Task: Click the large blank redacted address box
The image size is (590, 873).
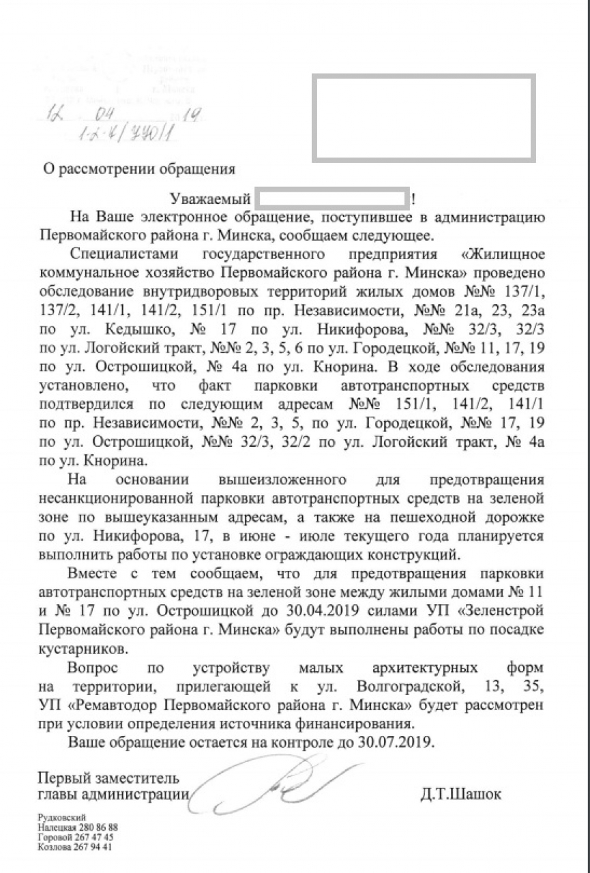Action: (x=423, y=119)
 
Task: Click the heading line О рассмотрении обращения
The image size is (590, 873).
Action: (x=139, y=168)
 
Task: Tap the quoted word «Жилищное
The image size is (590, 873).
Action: (x=502, y=254)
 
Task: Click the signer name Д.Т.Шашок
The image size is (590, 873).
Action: (x=461, y=794)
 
